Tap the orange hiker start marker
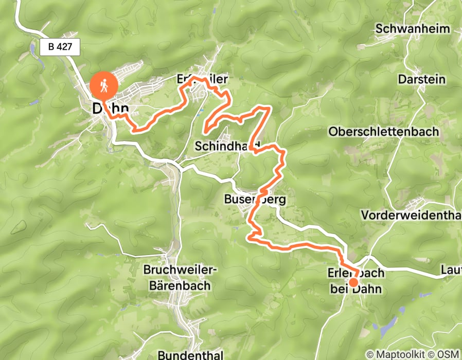tap(104, 86)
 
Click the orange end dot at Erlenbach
tap(353, 282)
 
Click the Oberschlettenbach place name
tap(383, 132)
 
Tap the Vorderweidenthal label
tap(411, 214)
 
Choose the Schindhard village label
tap(227, 147)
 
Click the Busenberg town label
tap(255, 199)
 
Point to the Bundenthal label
tap(190, 355)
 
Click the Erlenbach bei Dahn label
tap(356, 281)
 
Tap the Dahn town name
tap(110, 109)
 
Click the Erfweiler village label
tap(202, 80)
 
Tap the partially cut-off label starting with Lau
tap(451, 270)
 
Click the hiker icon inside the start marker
tap(104, 85)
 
